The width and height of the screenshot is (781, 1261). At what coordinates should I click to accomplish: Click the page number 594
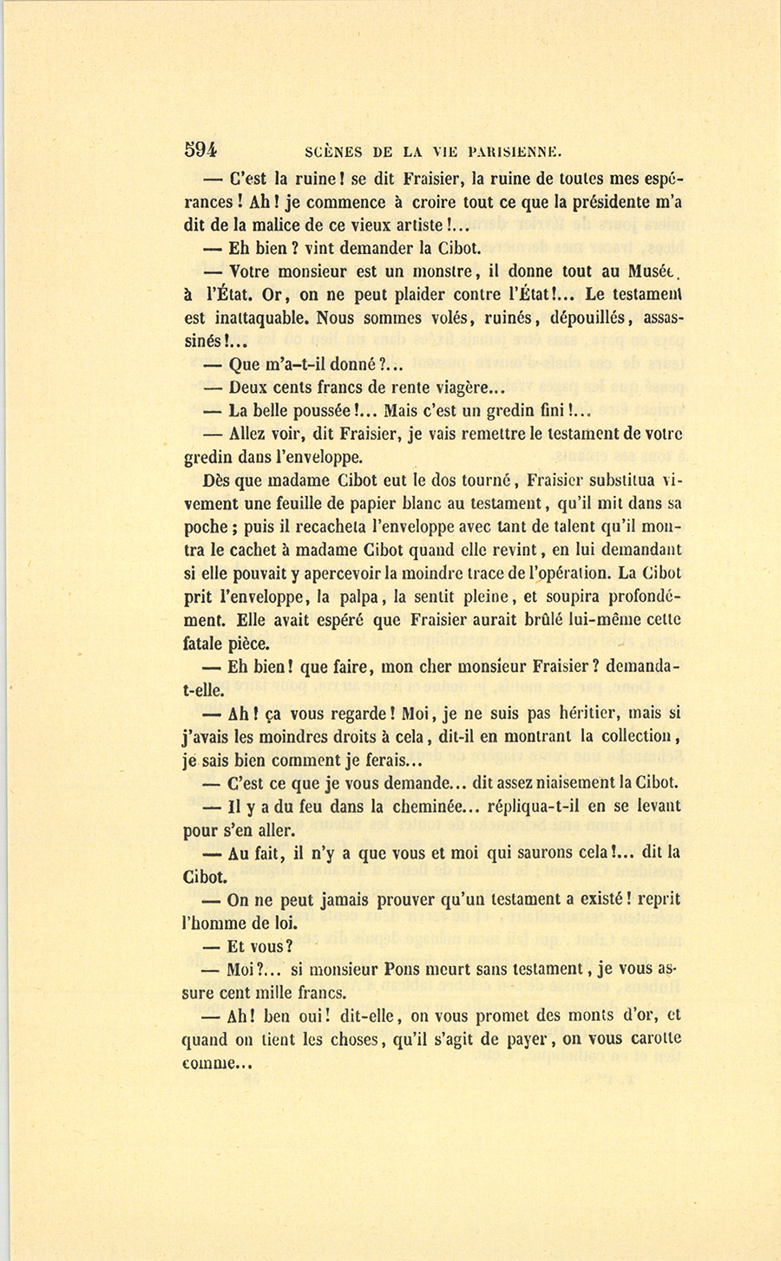pyautogui.click(x=200, y=148)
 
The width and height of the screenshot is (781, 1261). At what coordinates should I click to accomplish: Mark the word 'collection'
pyautogui.click(x=637, y=736)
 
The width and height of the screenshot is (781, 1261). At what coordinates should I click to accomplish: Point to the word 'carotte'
pyautogui.click(x=649, y=1039)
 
